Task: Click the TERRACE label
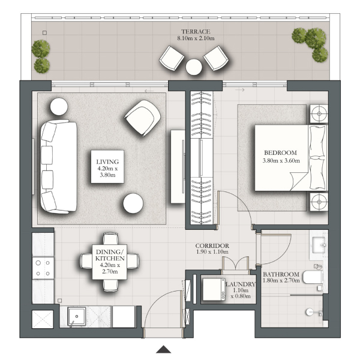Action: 196,31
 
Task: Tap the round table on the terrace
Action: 194,67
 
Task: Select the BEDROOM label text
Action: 280,152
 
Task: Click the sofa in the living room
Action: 59,166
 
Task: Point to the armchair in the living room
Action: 143,118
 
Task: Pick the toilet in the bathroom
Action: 313,277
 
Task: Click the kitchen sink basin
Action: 77,316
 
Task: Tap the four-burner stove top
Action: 43,268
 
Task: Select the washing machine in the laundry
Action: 214,289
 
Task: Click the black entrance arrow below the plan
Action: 163,349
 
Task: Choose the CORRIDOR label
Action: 212,245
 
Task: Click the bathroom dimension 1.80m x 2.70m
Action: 281,280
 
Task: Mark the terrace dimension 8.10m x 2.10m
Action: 196,38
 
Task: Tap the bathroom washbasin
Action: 319,245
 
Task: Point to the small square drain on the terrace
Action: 45,32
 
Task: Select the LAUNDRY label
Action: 241,284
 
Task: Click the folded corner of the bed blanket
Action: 298,181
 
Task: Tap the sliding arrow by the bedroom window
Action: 240,89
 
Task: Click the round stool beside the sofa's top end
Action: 59,107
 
